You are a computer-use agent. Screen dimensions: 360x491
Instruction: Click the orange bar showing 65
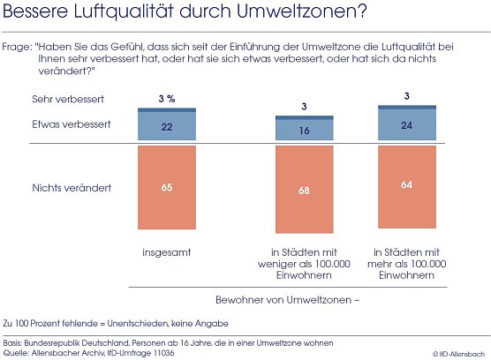coord(166,187)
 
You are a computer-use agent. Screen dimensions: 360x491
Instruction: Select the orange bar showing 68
coord(304,189)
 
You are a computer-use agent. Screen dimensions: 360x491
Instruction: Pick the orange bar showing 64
coord(407,185)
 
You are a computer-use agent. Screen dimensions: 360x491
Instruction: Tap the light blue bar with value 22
coord(166,127)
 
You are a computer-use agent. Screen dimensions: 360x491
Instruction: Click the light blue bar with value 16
coord(304,130)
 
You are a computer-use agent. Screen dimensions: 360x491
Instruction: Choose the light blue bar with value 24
coord(407,125)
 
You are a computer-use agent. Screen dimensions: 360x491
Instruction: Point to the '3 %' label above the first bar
coord(166,99)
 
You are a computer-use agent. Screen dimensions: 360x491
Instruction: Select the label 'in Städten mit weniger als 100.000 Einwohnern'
coord(304,264)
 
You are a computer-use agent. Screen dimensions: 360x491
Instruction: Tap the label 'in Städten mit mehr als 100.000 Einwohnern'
coord(407,264)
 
